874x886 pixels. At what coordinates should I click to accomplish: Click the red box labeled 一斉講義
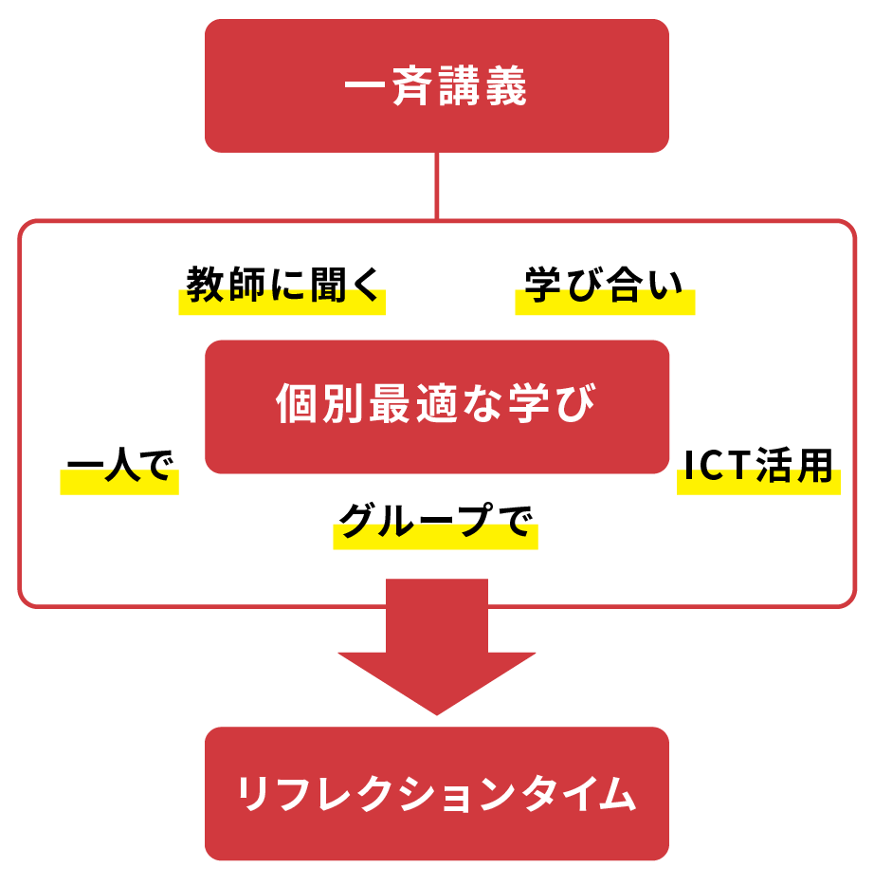click(x=436, y=86)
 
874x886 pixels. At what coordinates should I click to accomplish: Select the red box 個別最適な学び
click(x=436, y=407)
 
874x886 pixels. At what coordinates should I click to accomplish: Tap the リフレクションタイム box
click(x=436, y=794)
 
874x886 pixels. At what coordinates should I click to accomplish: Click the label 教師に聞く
click(x=282, y=285)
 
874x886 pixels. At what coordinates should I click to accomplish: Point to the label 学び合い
click(x=604, y=285)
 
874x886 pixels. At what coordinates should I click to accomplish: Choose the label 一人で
click(x=119, y=465)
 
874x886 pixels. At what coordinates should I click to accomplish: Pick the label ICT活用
click(x=758, y=466)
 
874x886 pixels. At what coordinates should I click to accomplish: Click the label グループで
click(x=435, y=520)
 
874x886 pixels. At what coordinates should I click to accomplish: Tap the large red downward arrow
click(x=436, y=647)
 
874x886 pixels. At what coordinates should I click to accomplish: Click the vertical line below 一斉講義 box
click(x=436, y=186)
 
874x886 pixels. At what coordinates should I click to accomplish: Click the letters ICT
click(x=717, y=466)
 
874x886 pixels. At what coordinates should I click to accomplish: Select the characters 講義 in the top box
click(x=483, y=86)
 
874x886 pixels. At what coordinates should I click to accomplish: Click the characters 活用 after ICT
click(x=793, y=466)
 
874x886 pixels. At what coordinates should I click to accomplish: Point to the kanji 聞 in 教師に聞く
click(x=329, y=285)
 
